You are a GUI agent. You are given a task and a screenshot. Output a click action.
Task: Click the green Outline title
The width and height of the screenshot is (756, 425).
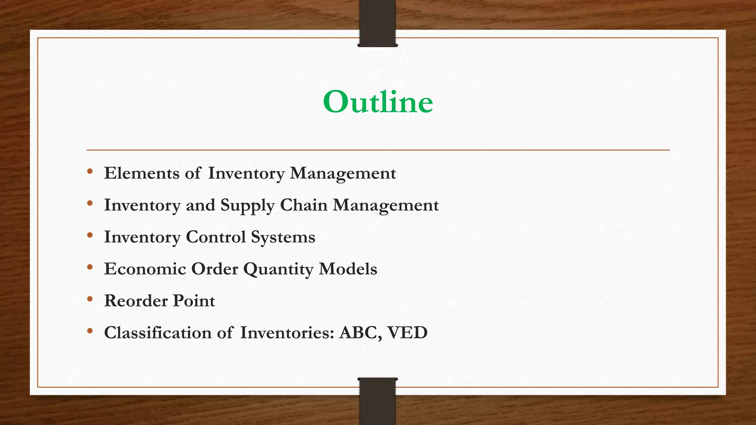click(378, 102)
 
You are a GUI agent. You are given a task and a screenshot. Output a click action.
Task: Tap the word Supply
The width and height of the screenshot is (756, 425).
click(247, 205)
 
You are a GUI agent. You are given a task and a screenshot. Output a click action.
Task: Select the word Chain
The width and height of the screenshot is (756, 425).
click(303, 205)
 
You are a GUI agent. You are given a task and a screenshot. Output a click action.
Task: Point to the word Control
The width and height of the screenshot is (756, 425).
click(216, 237)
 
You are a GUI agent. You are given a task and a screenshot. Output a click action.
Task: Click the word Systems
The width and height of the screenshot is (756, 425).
click(283, 237)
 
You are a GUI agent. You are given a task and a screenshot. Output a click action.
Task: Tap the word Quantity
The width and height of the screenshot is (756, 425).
click(278, 269)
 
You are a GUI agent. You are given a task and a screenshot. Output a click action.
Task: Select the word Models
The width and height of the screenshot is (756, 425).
click(348, 269)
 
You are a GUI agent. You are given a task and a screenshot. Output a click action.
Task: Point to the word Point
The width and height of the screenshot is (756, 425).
click(194, 301)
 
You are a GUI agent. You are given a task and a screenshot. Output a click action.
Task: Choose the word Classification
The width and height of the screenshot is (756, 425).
click(158, 332)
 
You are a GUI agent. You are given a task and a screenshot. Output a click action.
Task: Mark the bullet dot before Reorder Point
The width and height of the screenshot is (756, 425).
click(90, 299)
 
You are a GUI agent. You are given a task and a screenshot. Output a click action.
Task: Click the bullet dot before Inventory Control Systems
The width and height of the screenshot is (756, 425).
click(90, 235)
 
